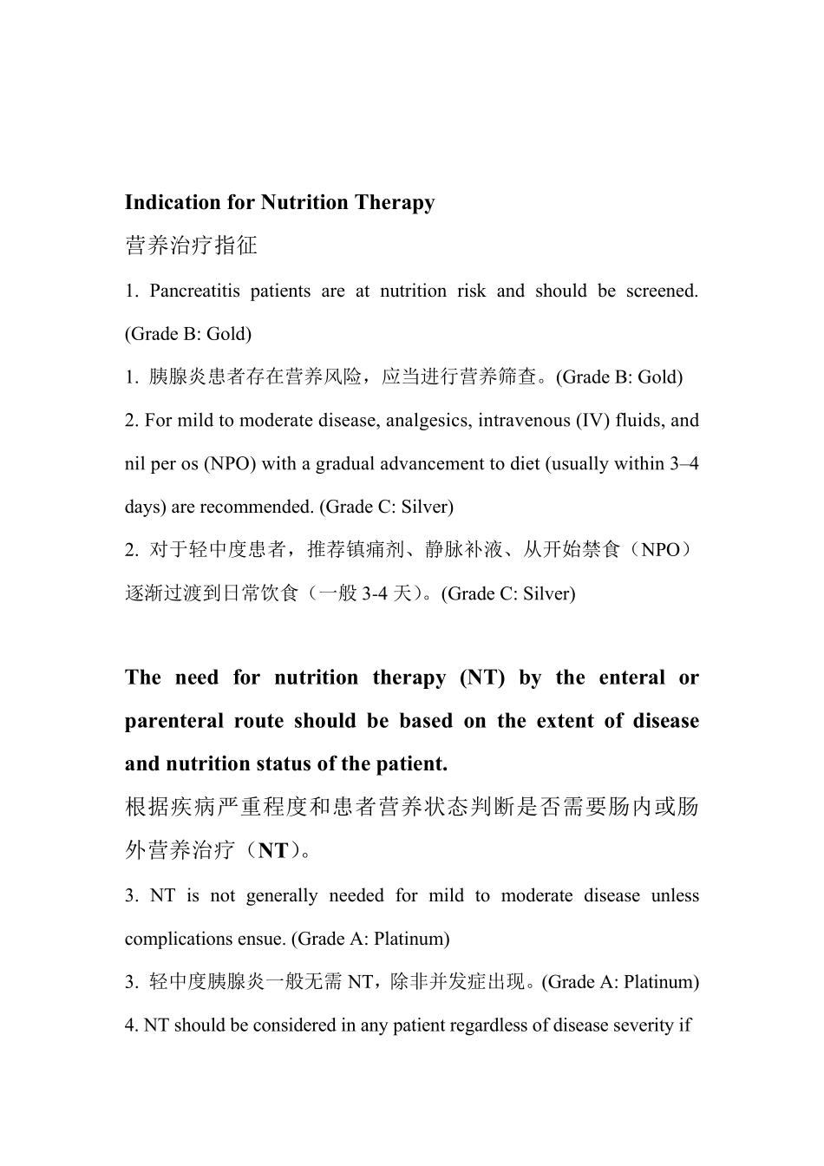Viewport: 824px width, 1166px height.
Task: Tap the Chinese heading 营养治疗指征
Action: click(191, 246)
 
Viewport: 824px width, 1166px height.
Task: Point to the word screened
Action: click(664, 291)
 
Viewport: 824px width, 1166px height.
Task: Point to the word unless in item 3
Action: click(675, 895)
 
